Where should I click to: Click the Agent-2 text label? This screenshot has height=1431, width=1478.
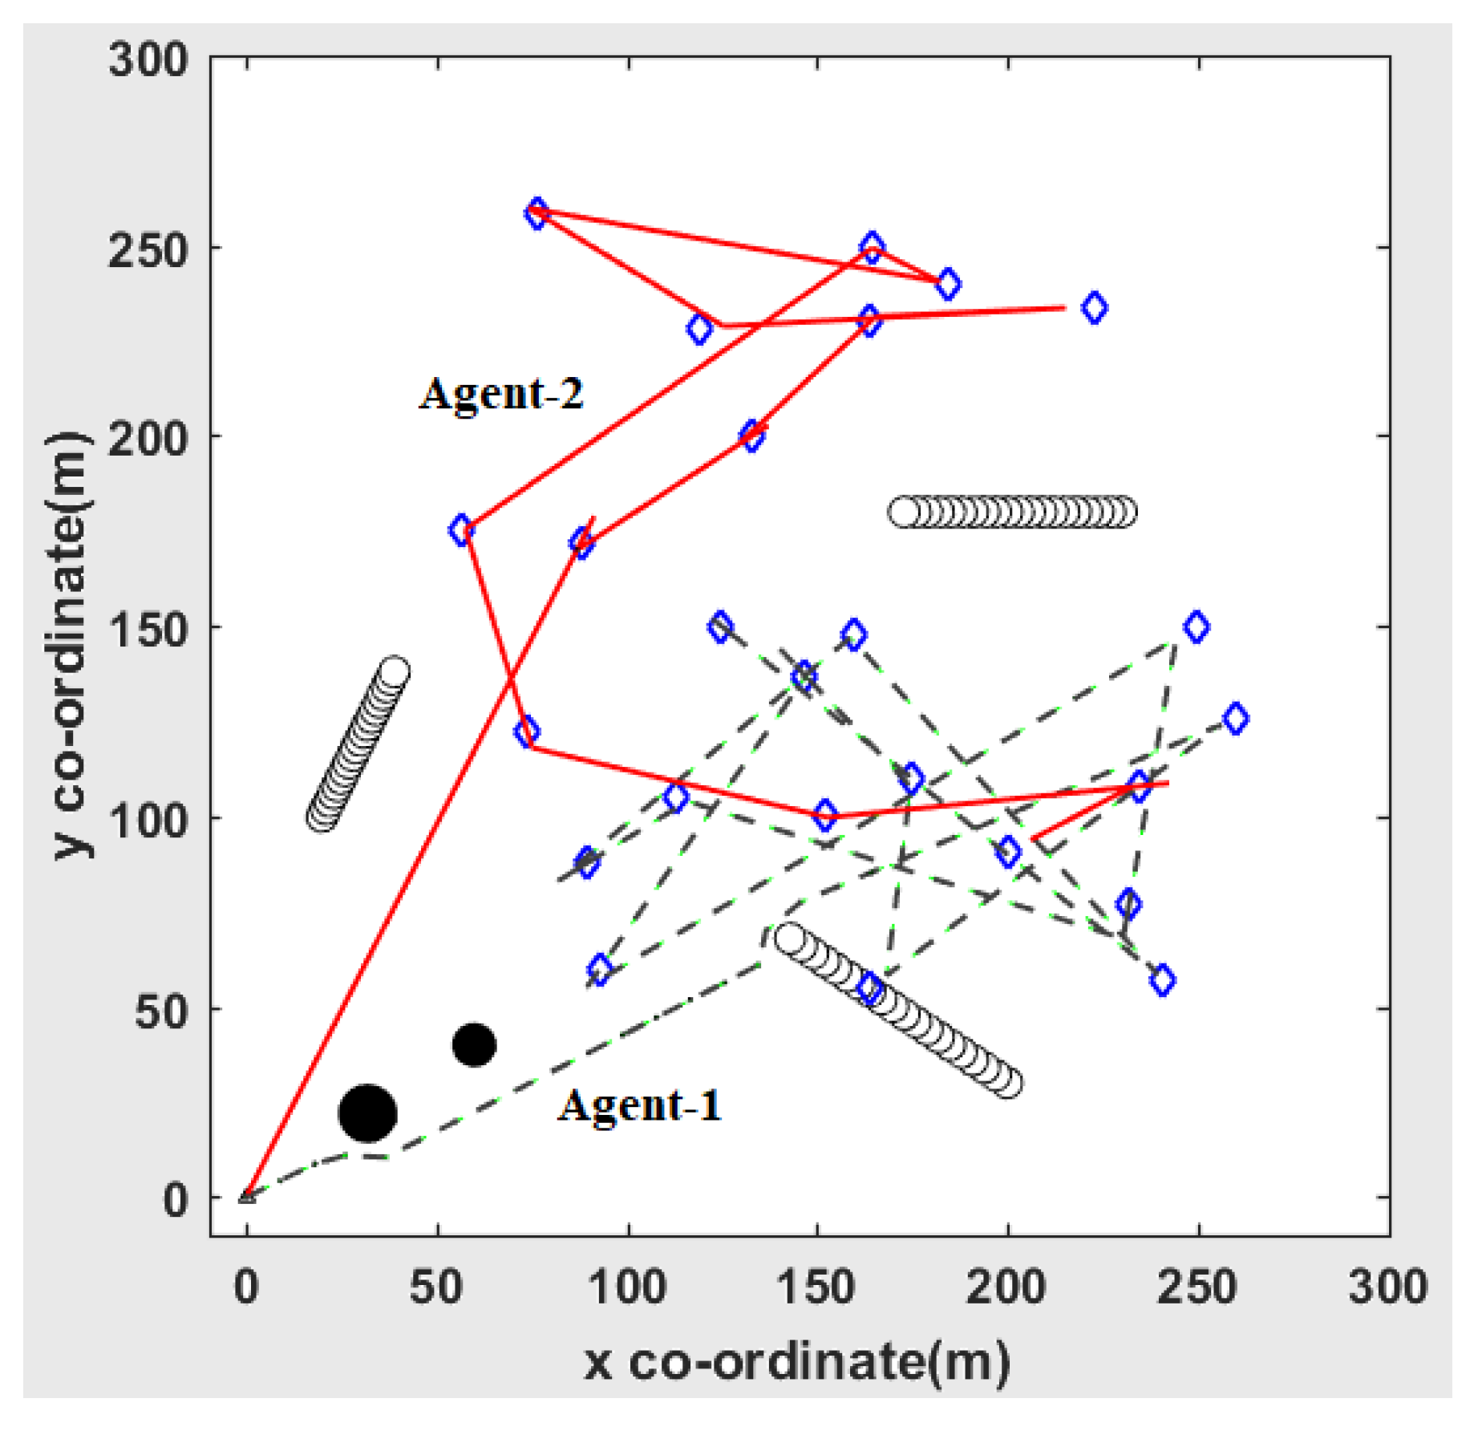pos(501,394)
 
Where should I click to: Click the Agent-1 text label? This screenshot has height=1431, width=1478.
pos(640,1105)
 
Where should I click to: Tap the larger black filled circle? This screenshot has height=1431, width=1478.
pos(367,1113)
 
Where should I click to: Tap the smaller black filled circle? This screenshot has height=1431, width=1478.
pos(474,1045)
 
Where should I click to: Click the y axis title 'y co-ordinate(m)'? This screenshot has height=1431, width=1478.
pos(71,645)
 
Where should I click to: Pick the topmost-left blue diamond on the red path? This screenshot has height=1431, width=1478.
pos(537,214)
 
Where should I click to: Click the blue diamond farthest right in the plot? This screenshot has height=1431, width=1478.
pos(1236,719)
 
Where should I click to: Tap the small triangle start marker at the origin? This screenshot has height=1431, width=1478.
pos(247,1197)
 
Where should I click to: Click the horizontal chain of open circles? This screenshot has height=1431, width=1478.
pos(1012,512)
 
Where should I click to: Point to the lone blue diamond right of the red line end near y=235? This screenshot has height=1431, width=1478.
pos(1095,307)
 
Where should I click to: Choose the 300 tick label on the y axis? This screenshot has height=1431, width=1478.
pos(148,60)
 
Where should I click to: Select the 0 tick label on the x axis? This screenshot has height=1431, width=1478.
pos(246,1287)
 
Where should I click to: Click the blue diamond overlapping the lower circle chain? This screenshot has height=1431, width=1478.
pos(870,988)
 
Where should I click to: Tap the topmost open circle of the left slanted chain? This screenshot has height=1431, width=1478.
pos(394,671)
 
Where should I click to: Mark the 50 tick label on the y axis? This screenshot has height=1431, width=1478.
pos(160,1011)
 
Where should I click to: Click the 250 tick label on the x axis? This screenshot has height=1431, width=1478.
pos(1197,1287)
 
